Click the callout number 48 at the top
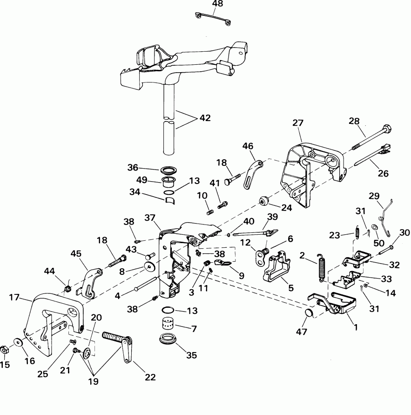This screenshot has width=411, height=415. (x=217, y=4)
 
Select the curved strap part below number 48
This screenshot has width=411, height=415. (x=214, y=18)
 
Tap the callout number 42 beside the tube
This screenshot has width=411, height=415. (x=205, y=118)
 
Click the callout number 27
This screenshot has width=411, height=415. (x=298, y=123)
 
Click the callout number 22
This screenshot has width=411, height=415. (x=149, y=377)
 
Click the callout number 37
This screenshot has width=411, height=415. (x=163, y=218)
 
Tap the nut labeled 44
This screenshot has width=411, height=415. (x=67, y=289)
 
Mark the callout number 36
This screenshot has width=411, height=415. (x=133, y=168)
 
